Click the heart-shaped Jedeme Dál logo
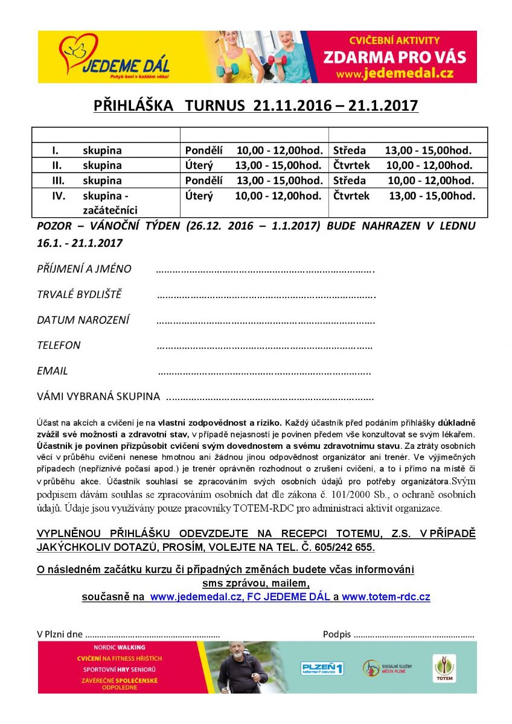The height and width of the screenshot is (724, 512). click(x=78, y=52)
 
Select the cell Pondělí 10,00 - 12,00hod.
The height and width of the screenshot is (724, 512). click(x=254, y=150)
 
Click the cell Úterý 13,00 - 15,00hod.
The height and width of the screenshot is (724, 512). click(x=254, y=165)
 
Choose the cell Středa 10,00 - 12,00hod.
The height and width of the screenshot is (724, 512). click(x=403, y=180)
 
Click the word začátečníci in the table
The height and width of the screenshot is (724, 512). click(x=110, y=210)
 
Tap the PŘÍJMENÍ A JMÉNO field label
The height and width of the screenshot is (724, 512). click(x=84, y=269)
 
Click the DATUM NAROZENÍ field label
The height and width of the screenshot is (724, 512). click(x=83, y=320)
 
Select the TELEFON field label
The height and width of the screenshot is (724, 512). click(x=59, y=345)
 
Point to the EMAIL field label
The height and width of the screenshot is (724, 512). click(x=53, y=371)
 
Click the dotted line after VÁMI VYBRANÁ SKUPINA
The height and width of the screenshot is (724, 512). click(x=269, y=398)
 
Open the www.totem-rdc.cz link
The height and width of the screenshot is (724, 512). click(x=386, y=597)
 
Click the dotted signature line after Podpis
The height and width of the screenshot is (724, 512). click(x=414, y=635)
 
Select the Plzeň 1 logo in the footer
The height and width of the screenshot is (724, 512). click(x=322, y=668)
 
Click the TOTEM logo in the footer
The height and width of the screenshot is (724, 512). click(x=445, y=667)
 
